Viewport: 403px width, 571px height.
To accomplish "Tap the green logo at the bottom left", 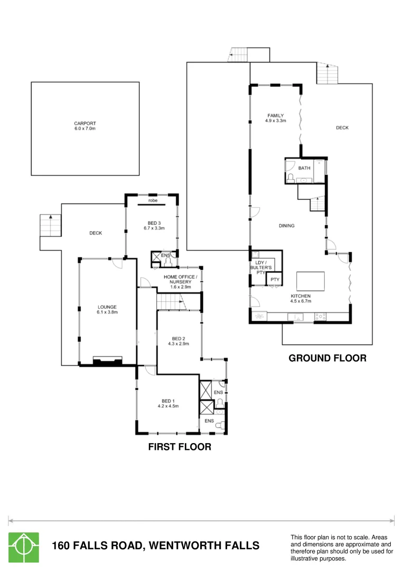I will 23,547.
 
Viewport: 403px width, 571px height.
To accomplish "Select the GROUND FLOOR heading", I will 327,358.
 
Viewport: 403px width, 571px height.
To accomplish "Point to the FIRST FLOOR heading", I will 179,447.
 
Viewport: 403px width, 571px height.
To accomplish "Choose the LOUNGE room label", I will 107,307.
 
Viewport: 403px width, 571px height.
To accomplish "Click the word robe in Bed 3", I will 153,201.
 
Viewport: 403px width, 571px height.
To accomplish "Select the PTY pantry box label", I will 274,280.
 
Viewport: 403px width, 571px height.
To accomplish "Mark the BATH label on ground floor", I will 304,168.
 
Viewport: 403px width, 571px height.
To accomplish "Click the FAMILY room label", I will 275,115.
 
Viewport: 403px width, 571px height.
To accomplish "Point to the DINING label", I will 286,226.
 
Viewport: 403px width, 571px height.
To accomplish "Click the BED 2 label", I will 179,338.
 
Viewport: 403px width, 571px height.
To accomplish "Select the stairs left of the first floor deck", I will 50,226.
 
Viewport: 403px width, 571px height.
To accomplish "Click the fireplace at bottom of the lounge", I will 108,361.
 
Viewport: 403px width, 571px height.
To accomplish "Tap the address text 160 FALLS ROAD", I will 155,546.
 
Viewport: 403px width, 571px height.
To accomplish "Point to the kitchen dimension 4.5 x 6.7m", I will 300,301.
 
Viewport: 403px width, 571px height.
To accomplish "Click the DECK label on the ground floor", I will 342,127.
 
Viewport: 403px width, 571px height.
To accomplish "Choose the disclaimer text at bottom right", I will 342,547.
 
